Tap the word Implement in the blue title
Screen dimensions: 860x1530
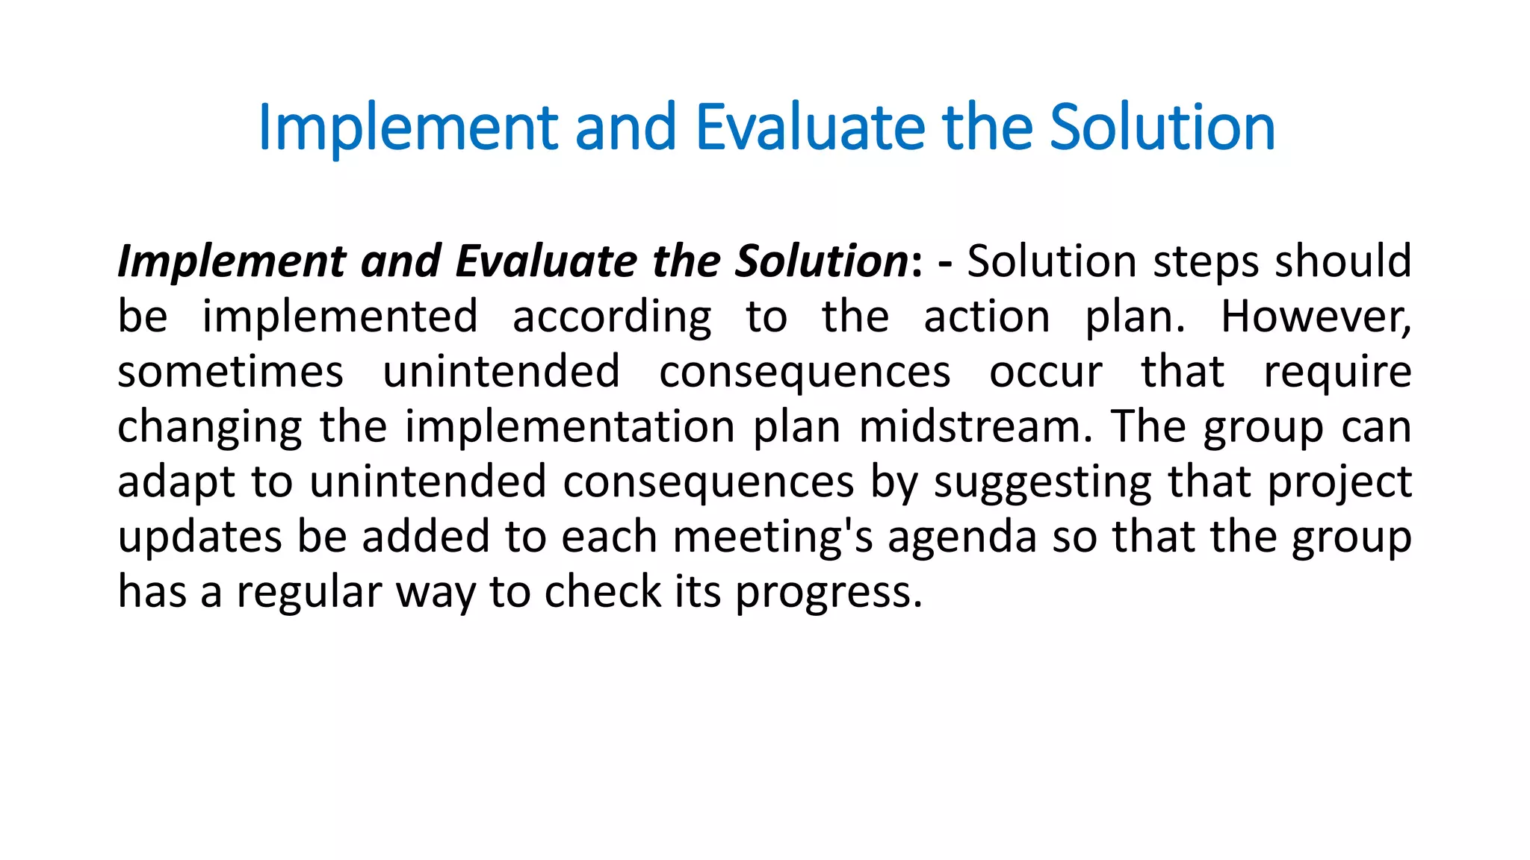[x=408, y=128]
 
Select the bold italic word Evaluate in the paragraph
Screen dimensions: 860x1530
[x=547, y=261]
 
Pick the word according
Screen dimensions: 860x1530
[x=612, y=317]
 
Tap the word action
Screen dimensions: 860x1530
[x=987, y=317]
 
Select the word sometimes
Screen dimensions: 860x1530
[x=230, y=372]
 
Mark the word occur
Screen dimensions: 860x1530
[x=1045, y=372]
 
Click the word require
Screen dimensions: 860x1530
[x=1337, y=372]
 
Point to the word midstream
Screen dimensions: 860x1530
[x=975, y=427]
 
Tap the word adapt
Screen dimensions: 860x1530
[x=176, y=482]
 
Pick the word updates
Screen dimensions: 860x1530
[x=199, y=537]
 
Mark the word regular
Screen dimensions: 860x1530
[x=309, y=592]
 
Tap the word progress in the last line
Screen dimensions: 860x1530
[x=829, y=592]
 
